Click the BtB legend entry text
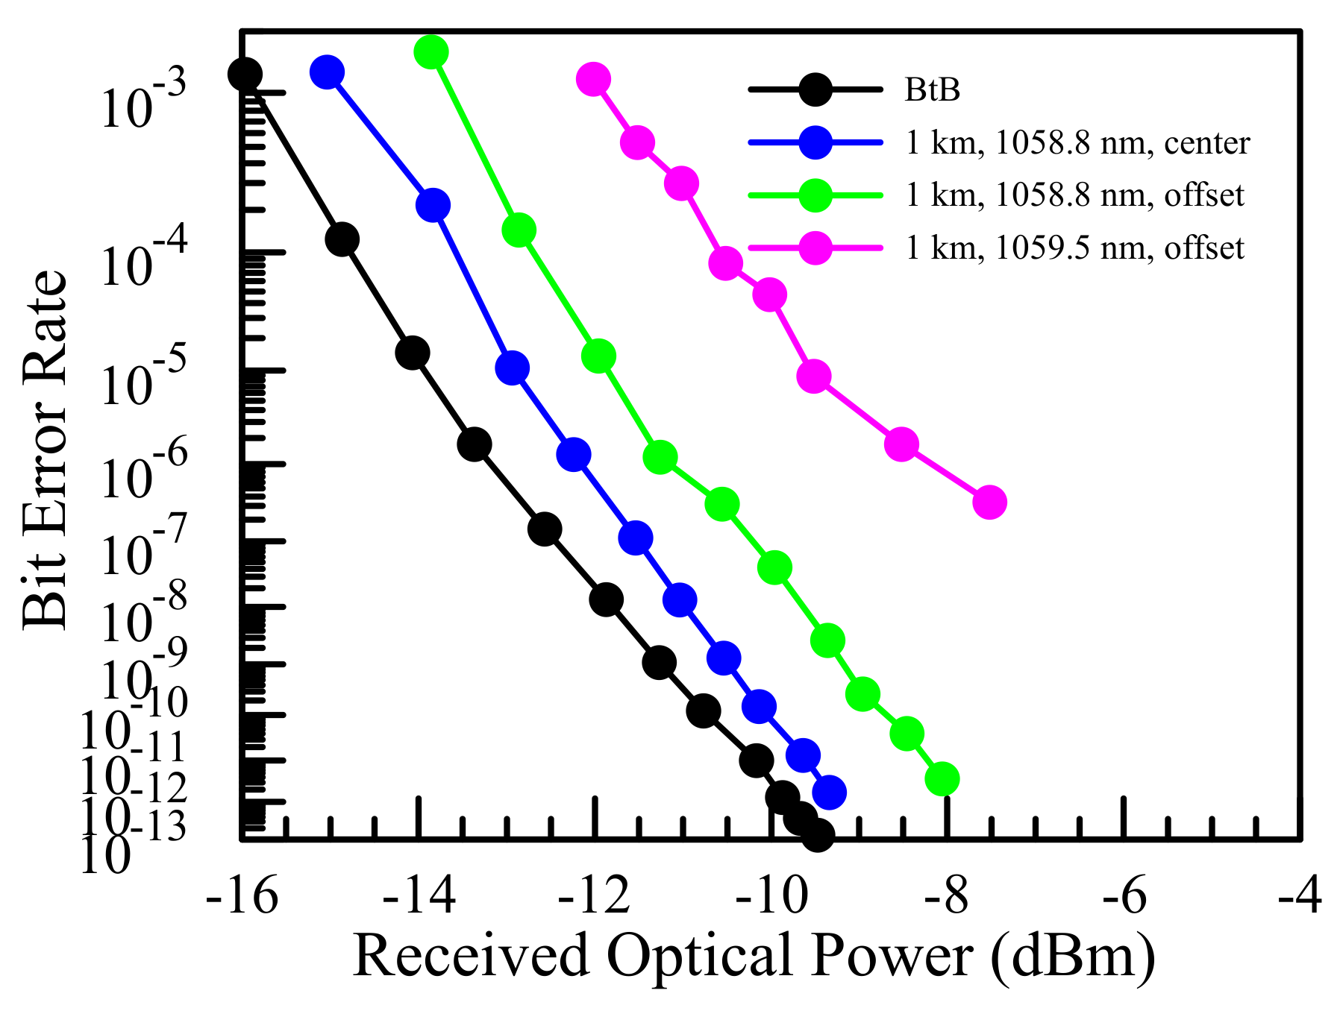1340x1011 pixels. tap(932, 90)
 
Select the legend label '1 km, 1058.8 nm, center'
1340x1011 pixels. tap(1077, 142)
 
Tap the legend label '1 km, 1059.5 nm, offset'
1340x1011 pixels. tap(1074, 248)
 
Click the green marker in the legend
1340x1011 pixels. tap(815, 195)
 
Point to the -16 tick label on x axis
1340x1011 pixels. tap(242, 895)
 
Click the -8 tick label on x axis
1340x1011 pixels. tap(946, 895)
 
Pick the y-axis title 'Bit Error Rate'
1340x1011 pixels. tap(45, 450)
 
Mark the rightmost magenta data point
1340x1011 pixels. tap(989, 502)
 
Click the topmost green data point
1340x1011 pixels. tap(431, 51)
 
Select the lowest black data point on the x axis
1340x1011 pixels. tap(817, 835)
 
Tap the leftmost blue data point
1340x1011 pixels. tap(328, 72)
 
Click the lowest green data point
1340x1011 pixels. tap(942, 779)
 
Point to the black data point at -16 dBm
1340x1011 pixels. tap(245, 74)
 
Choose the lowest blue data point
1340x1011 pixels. tap(829, 792)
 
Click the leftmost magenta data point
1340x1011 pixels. tap(593, 78)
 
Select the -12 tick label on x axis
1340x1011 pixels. tap(595, 895)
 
